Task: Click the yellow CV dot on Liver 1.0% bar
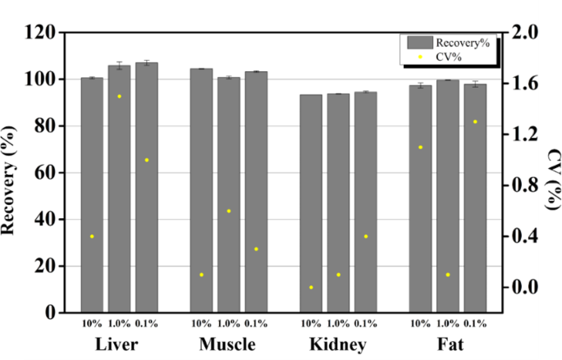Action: [x=119, y=96]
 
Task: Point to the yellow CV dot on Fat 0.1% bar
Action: [x=475, y=121]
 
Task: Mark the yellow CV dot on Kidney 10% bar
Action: [x=311, y=287]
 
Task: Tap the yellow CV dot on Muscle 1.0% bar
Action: [x=229, y=211]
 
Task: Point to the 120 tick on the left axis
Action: [x=40, y=33]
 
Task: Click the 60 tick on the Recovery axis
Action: [x=44, y=173]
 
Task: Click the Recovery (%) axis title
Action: [x=11, y=172]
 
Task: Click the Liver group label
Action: [x=117, y=344]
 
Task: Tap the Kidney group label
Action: [x=337, y=344]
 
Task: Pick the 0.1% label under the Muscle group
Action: [x=256, y=324]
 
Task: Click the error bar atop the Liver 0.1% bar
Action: [x=147, y=62]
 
